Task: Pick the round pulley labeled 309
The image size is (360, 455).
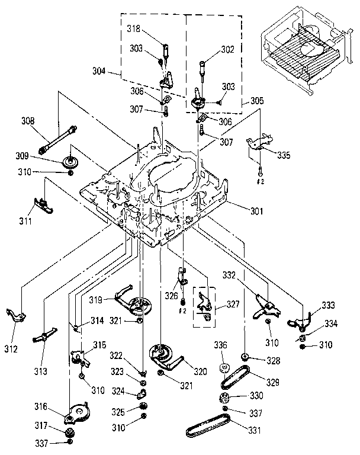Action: [71, 161]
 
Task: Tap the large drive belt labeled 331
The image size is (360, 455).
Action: [207, 427]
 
